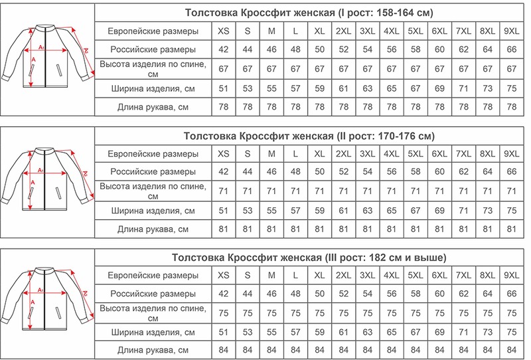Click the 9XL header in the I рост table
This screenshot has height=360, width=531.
[x=511, y=31]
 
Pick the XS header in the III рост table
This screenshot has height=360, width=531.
[x=224, y=275]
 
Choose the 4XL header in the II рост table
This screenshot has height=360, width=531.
[x=392, y=153]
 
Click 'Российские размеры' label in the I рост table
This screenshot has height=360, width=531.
[x=153, y=49]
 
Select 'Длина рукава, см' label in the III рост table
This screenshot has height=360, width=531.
[x=153, y=349]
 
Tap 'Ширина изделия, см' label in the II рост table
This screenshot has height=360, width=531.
[x=153, y=211]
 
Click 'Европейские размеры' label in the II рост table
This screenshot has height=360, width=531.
[x=153, y=153]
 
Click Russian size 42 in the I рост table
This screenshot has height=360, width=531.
[x=224, y=49]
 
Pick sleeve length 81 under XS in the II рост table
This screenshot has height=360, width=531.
[x=224, y=229]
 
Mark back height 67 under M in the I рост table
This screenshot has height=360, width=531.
[x=271, y=68]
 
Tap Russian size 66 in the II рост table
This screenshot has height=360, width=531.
[x=511, y=172]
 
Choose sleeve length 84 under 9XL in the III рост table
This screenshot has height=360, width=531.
[x=511, y=349]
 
